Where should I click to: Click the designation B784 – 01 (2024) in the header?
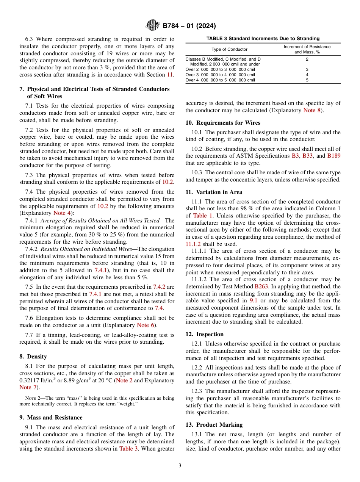(189, 26)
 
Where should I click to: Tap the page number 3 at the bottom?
(180, 465)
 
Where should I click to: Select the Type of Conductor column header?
(229, 49)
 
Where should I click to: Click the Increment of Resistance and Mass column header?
(307, 49)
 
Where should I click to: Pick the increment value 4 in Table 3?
(307, 75)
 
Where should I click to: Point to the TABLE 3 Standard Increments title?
(263, 38)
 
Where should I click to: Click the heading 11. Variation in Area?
(214, 192)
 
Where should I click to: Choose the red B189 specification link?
(333, 156)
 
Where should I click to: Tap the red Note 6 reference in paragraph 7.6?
(143, 325)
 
